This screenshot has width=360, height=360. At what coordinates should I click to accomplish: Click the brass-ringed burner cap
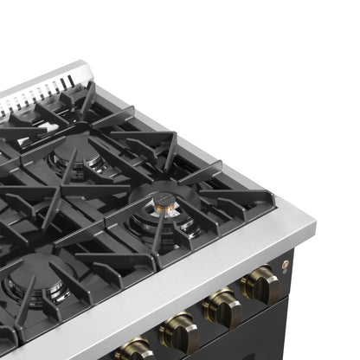pyautogui.click(x=164, y=205)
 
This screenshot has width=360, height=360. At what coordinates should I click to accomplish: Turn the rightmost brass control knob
pyautogui.click(x=261, y=286)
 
